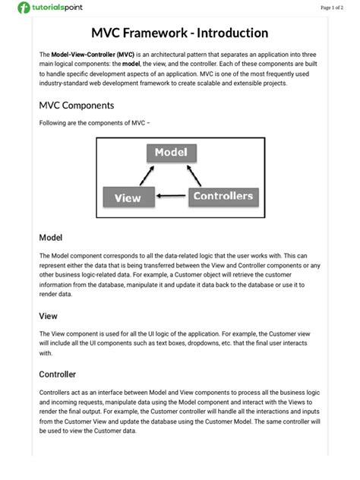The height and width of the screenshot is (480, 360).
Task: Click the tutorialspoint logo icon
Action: coord(25,8)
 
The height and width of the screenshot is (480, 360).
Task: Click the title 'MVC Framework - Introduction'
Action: coord(179,33)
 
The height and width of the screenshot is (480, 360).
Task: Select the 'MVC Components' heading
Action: coord(76,106)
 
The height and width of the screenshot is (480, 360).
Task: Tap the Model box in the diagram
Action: coord(171,153)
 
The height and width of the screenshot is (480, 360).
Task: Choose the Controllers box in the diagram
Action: coord(223,197)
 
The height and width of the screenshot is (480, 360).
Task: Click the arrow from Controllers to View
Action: coord(171,198)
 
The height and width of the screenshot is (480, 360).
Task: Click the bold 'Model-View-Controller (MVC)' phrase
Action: coord(93,55)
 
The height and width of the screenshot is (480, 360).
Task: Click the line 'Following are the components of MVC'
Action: coord(89,123)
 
